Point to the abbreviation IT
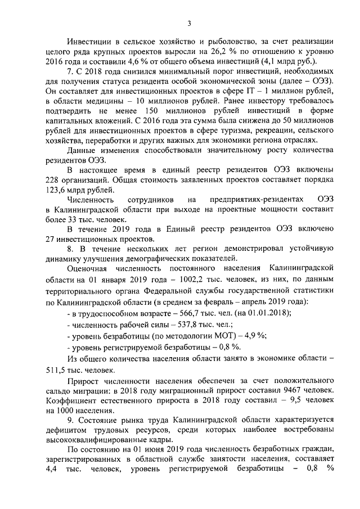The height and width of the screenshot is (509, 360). [254, 91]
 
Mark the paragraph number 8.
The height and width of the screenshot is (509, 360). [69, 249]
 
